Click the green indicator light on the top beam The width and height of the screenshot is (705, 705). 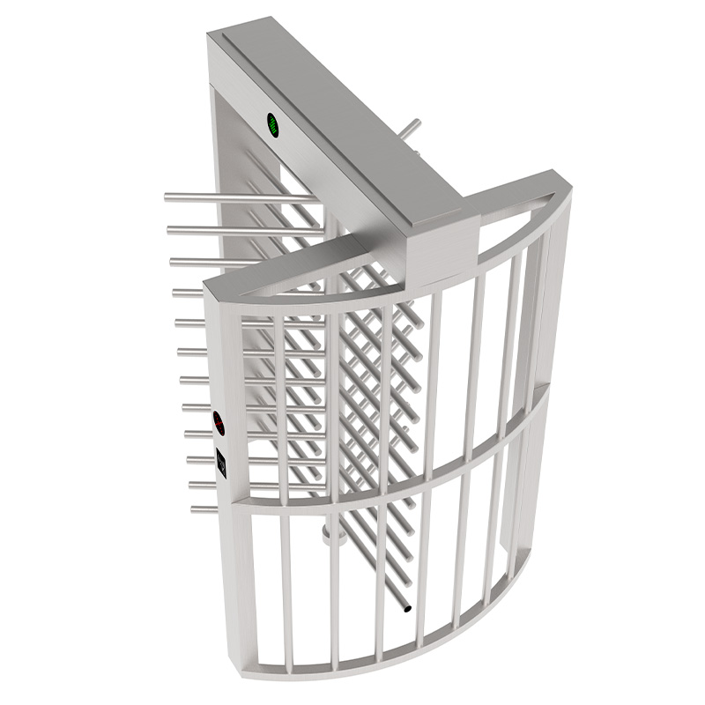coord(274,125)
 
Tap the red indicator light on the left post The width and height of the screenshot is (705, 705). coord(221,425)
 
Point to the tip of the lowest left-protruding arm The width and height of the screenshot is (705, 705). coord(194,508)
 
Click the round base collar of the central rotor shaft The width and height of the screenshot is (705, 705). coord(332,531)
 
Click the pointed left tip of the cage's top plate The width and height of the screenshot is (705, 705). coord(208,285)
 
